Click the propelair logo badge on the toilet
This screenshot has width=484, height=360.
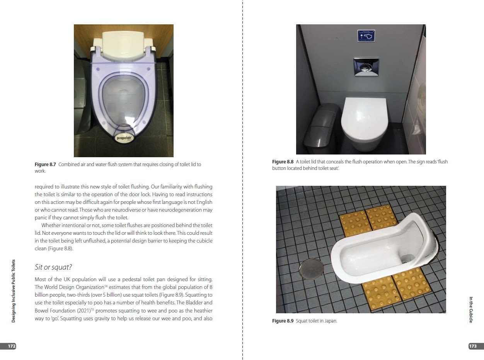click(x=124, y=138)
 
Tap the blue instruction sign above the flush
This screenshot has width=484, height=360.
click(x=366, y=36)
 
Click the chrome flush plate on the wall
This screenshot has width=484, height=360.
click(x=366, y=67)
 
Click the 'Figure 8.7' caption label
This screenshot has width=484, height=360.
click(x=45, y=165)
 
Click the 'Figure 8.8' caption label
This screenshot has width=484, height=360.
click(x=283, y=162)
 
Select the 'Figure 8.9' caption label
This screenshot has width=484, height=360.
click(x=283, y=321)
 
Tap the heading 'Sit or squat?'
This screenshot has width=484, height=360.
click(x=53, y=267)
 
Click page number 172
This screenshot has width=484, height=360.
click(x=12, y=346)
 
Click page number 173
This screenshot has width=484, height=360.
click(x=473, y=346)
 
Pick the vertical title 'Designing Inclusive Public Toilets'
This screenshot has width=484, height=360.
click(x=13, y=291)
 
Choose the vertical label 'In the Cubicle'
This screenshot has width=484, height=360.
click(x=471, y=310)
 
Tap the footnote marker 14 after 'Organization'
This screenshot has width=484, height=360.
click(x=106, y=286)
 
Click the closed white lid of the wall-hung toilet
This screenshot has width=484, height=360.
click(x=364, y=119)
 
